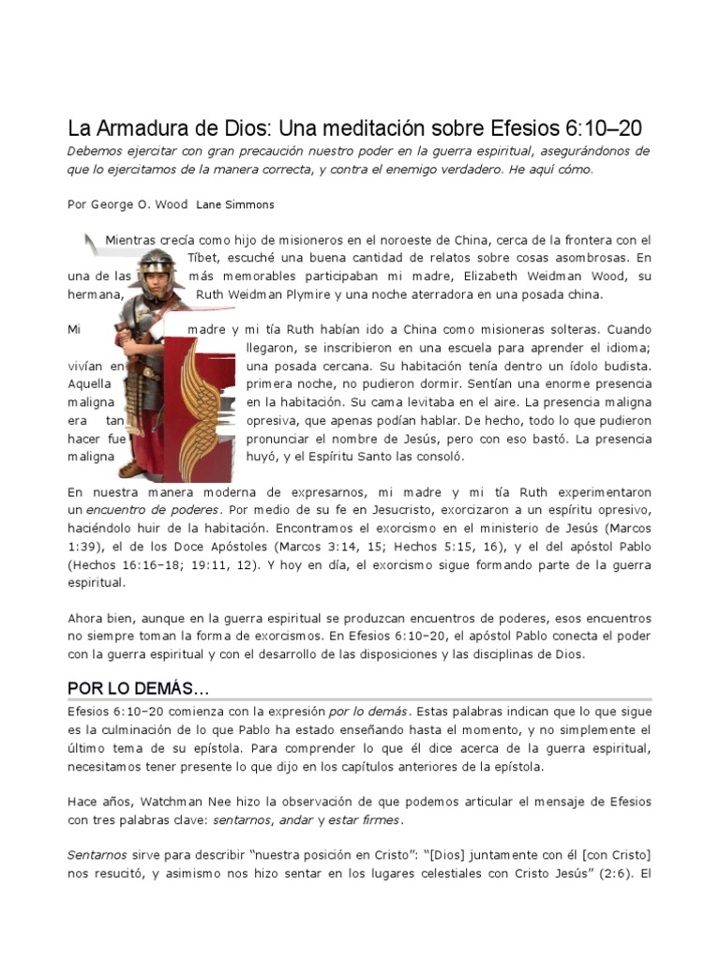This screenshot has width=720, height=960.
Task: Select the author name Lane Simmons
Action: click(x=235, y=204)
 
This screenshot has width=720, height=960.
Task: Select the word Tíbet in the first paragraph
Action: click(x=206, y=258)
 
